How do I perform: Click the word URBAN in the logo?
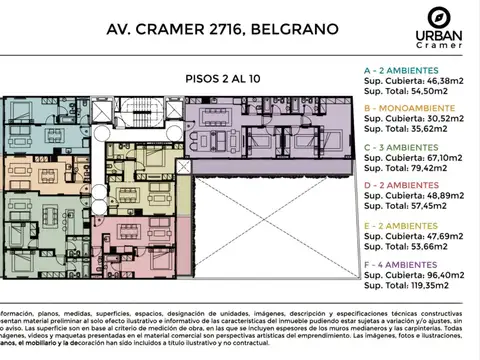point(437,37)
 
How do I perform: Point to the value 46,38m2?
point(446,83)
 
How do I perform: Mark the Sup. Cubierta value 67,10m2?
point(446,157)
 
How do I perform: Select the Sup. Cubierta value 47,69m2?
point(446,237)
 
